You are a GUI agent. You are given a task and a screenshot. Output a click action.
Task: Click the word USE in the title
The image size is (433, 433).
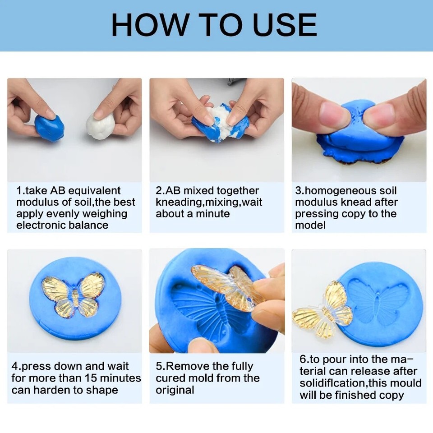pyautogui.click(x=284, y=25)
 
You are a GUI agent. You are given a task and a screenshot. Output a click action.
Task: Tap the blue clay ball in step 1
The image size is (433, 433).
pyautogui.click(x=49, y=127)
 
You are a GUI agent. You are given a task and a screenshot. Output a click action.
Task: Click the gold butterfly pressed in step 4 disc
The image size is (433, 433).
pyautogui.click(x=74, y=294)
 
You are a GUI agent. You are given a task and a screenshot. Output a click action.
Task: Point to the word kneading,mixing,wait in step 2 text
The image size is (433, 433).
pyautogui.click(x=209, y=202)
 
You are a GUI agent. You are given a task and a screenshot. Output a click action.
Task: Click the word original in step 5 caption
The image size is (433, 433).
pyautogui.click(x=175, y=390)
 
